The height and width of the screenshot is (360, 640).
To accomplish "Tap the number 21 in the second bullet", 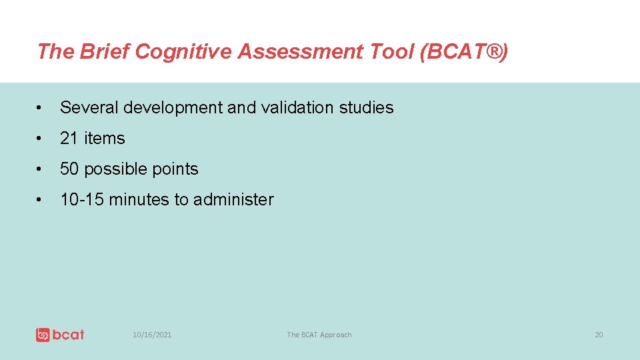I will pos(69,138).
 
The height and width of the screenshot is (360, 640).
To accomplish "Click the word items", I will pos(103,138).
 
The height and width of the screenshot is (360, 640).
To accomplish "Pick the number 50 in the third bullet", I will pos(69,169).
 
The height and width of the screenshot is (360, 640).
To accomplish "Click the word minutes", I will pos(139,199).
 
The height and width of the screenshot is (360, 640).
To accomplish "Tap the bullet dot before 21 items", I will pos(41,139).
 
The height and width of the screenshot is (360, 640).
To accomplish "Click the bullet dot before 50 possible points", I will pos(41,169).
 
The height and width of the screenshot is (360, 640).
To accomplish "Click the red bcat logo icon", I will pos(43,335).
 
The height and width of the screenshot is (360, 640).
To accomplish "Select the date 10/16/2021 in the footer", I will pos(152,335).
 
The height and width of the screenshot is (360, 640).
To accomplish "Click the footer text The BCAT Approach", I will pos(319,335).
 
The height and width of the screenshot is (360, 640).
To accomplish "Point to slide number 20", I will pos(598,335).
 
